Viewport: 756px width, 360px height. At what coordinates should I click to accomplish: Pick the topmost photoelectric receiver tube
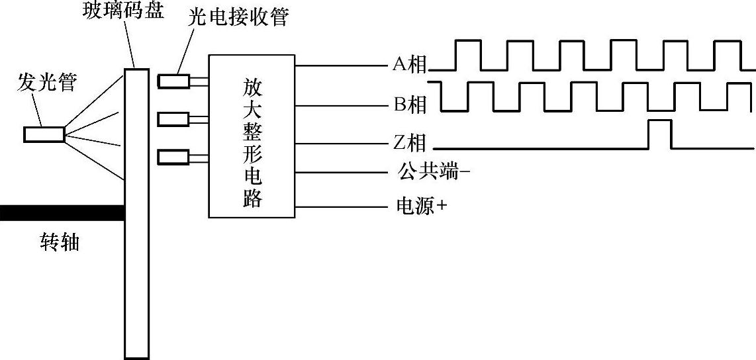[173, 81]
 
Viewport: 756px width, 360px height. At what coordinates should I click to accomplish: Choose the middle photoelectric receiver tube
[173, 119]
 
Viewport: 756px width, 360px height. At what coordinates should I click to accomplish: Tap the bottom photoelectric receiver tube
[173, 157]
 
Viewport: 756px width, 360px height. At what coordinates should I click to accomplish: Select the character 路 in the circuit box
[252, 199]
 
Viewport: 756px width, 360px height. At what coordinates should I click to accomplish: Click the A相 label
[408, 65]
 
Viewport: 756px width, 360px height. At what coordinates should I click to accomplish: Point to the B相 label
[408, 104]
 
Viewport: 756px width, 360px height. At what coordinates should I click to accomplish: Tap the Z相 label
[408, 143]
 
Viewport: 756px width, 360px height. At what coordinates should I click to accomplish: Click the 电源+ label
[421, 206]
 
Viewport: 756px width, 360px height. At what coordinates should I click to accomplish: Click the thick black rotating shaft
[62, 212]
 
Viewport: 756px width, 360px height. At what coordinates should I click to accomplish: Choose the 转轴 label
[60, 243]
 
